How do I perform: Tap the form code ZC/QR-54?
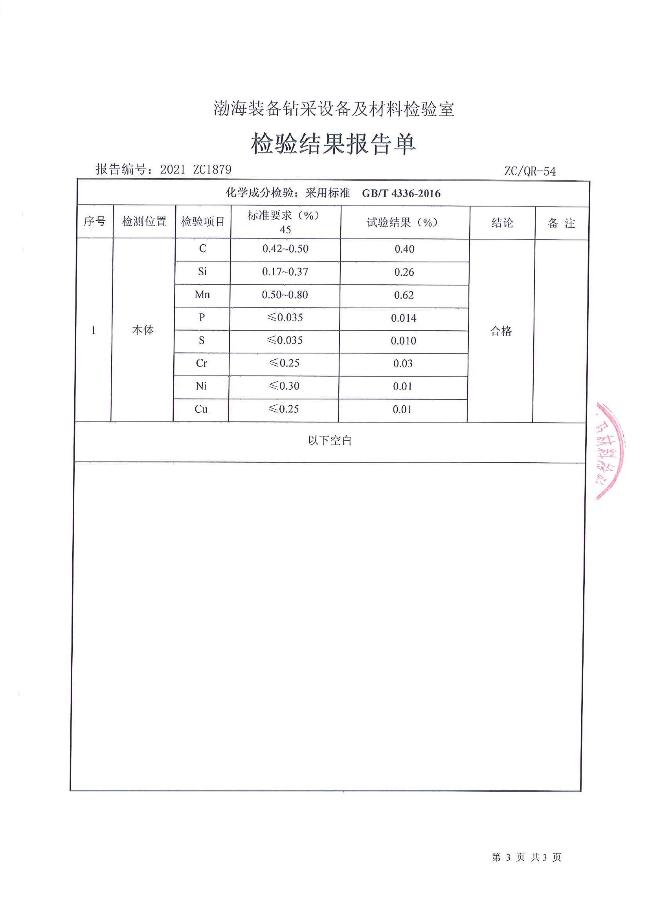(x=529, y=171)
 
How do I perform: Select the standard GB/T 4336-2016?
(x=401, y=194)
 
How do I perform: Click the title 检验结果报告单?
(x=333, y=144)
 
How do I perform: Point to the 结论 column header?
(x=502, y=223)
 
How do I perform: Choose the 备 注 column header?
(x=561, y=223)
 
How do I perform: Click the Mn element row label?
(x=202, y=295)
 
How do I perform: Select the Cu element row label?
(x=201, y=409)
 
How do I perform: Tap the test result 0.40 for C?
(x=404, y=249)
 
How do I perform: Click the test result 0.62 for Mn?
(x=404, y=295)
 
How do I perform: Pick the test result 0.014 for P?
(x=404, y=318)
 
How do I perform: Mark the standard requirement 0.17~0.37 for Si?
(x=285, y=272)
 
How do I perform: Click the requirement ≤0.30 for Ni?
(x=284, y=386)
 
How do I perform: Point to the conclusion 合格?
(x=501, y=331)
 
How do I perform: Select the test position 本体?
(x=143, y=330)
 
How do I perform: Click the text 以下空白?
(x=330, y=441)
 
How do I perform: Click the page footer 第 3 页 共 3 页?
(x=526, y=857)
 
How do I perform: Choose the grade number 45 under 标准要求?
(x=285, y=230)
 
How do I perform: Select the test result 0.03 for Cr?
(x=403, y=363)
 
